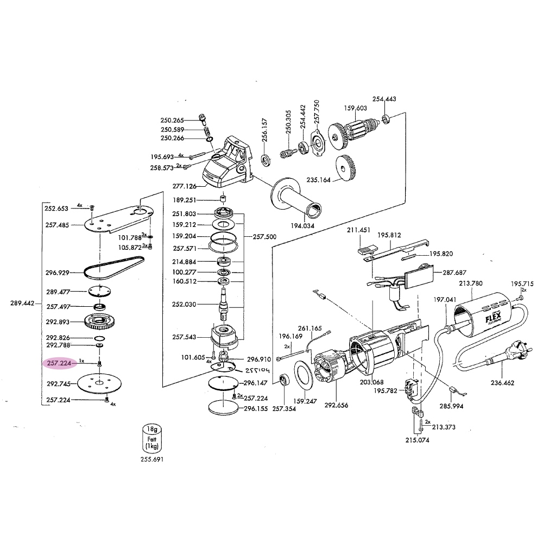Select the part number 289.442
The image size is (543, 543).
[x=23, y=304]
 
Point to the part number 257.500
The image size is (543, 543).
[x=264, y=237]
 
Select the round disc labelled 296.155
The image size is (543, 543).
[x=223, y=408]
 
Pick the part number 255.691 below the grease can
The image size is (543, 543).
[x=150, y=459]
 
